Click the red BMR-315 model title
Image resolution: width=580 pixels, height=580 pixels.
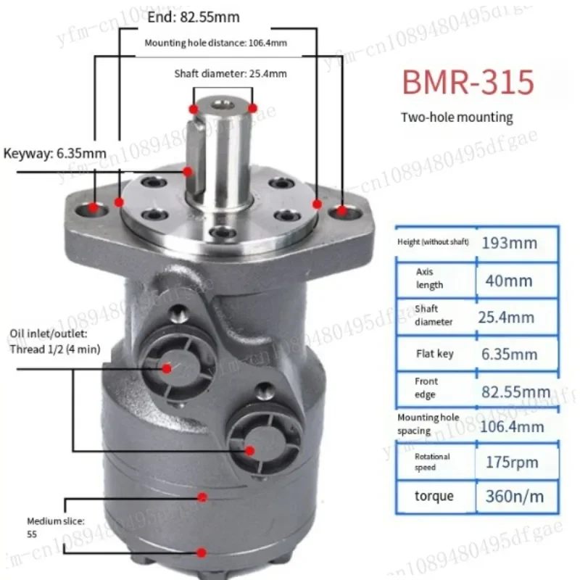[x=468, y=82]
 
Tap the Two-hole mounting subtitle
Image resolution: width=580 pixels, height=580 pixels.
[x=457, y=117]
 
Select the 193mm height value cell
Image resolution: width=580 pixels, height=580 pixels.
[x=510, y=243]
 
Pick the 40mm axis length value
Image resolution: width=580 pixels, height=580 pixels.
[x=509, y=281]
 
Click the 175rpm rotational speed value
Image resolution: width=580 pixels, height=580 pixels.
[x=512, y=462]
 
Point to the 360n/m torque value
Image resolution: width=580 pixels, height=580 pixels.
[x=515, y=497]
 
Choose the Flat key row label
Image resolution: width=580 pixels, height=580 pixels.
[x=434, y=354]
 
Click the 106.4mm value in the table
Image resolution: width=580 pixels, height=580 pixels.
[x=512, y=427]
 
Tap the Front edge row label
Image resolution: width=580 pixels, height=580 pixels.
[x=426, y=388]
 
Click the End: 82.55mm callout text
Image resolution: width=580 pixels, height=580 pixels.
[x=194, y=17]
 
